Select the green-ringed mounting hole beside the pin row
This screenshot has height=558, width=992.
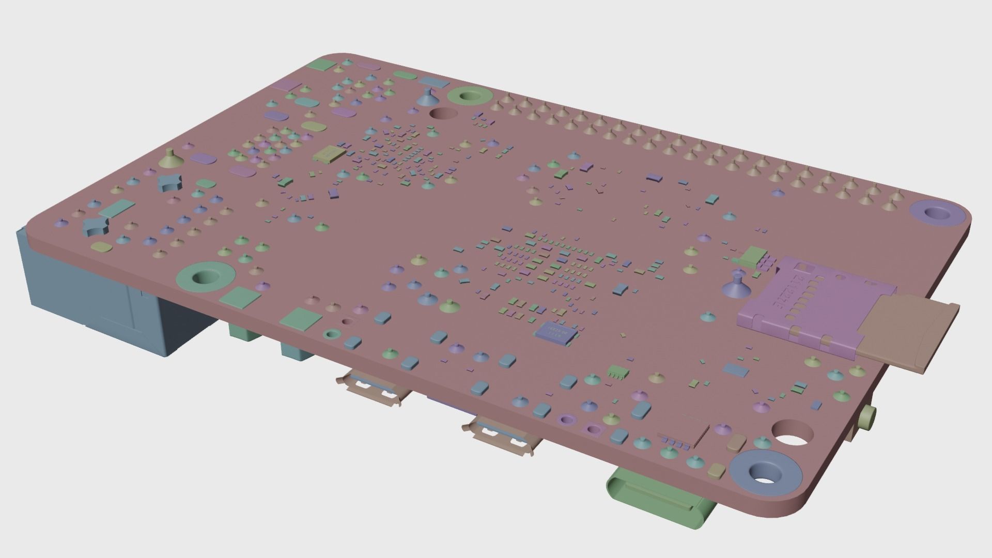tap(469, 96)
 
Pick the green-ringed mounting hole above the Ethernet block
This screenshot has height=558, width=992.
tap(204, 277)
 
